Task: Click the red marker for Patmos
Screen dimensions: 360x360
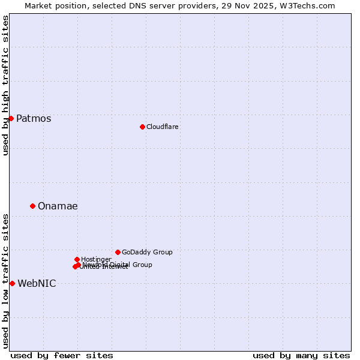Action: pyautogui.click(x=11, y=118)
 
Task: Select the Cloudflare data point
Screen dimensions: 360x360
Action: pyautogui.click(x=142, y=127)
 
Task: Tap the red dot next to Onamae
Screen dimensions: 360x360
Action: pyautogui.click(x=32, y=206)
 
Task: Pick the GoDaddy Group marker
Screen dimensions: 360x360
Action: pyautogui.click(x=118, y=252)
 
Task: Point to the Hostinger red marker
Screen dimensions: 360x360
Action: pyautogui.click(x=77, y=259)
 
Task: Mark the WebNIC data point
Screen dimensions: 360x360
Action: pyautogui.click(x=12, y=283)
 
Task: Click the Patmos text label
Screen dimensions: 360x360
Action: pyautogui.click(x=34, y=118)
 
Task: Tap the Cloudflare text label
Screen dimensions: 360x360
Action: pyautogui.click(x=163, y=127)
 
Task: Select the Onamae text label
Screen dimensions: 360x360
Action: pyautogui.click(x=58, y=206)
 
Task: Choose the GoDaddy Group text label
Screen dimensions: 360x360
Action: pyautogui.click(x=147, y=252)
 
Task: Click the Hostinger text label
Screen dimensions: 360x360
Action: pyautogui.click(x=96, y=259)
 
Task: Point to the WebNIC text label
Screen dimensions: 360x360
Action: pyautogui.click(x=37, y=283)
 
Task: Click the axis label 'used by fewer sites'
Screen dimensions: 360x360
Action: pyautogui.click(x=62, y=355)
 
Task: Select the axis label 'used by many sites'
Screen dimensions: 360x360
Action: pyautogui.click(x=301, y=355)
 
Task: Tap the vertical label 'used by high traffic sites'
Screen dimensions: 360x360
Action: pyautogui.click(x=5, y=85)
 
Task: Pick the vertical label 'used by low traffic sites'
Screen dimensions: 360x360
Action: pyautogui.click(x=5, y=280)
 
